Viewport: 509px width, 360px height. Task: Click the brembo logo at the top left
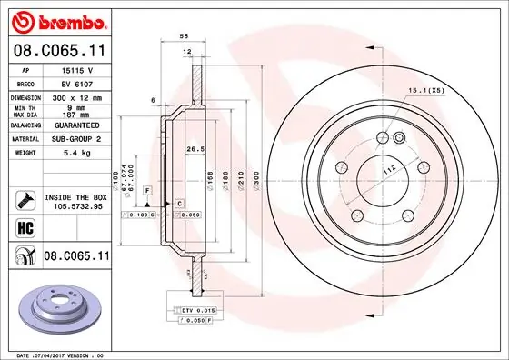[x=56, y=21]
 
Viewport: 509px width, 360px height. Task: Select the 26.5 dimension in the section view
[x=192, y=149]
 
